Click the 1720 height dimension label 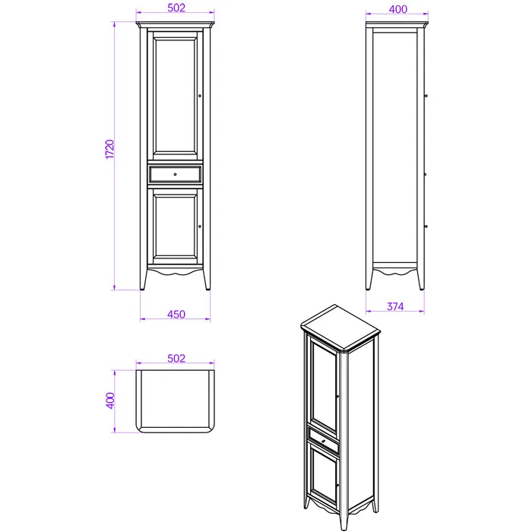coord(109,149)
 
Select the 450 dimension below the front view coord(176,314)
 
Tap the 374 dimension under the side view coord(395,306)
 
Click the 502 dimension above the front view coord(176,8)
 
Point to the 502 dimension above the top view coord(176,358)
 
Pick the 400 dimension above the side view coord(398,9)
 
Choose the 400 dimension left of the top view coord(110,401)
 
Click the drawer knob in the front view coord(175,174)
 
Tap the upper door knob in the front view coord(200,96)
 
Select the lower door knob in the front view coord(199,226)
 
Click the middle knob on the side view coord(426,174)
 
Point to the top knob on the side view coord(426,96)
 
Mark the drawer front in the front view coord(175,174)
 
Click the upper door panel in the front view coord(175,95)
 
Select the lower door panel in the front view coord(175,226)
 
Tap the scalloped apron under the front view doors coord(175,271)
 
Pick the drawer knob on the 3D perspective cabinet coord(323,442)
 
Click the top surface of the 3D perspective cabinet coord(340,328)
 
